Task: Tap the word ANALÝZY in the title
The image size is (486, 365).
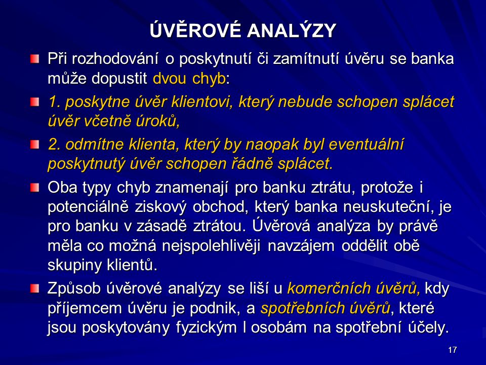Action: (292, 30)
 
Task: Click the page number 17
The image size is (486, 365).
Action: (452, 350)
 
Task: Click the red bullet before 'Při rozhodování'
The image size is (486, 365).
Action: (35, 59)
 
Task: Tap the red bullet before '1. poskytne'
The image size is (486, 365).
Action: (35, 101)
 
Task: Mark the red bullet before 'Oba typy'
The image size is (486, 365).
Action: (35, 188)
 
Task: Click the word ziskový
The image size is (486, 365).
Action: (160, 207)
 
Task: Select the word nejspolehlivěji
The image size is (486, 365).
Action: (211, 246)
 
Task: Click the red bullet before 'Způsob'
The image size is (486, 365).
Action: (35, 288)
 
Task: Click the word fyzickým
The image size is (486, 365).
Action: (207, 327)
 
